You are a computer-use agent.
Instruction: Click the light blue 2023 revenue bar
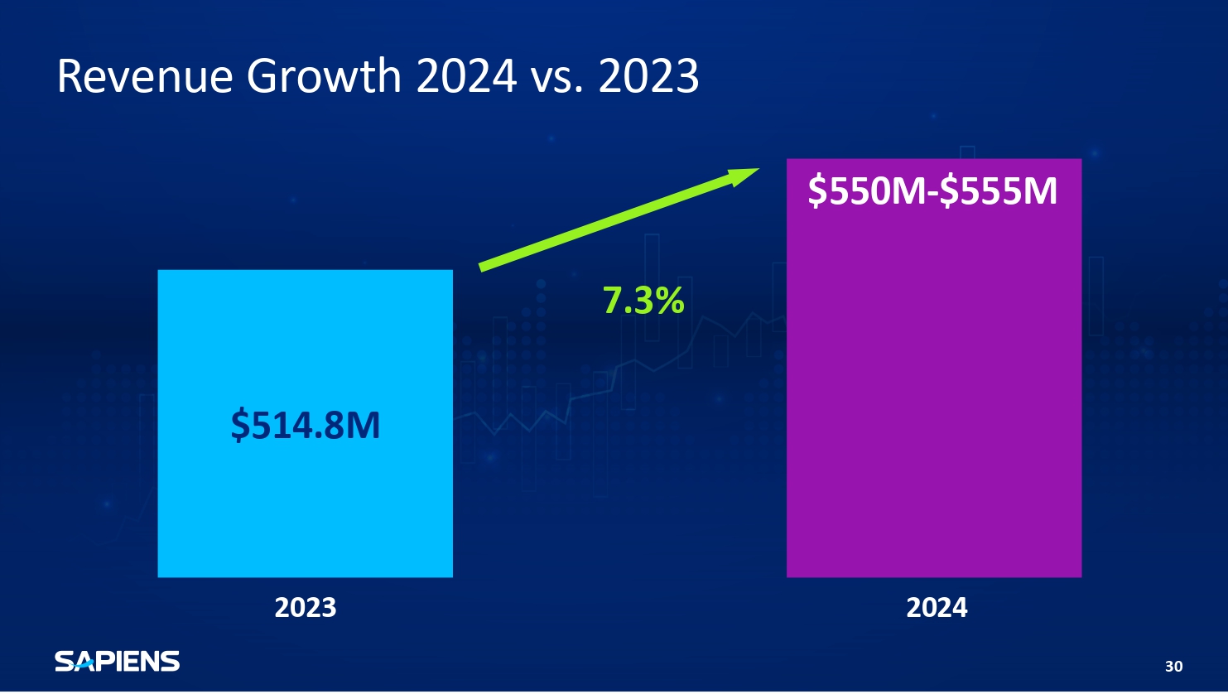[x=306, y=423]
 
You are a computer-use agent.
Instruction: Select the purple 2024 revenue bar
[x=934, y=368]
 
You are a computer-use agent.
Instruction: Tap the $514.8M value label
[x=306, y=425]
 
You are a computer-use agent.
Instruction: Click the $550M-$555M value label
[x=932, y=191]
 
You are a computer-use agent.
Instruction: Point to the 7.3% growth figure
[x=643, y=301]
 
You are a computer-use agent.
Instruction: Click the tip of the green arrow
[x=759, y=168]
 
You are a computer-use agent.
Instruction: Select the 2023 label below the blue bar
[x=306, y=607]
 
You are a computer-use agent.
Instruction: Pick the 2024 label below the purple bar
[x=937, y=607]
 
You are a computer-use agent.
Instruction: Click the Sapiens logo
[x=118, y=661]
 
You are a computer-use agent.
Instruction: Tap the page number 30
[x=1173, y=666]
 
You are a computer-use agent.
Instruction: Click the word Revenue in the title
[x=145, y=75]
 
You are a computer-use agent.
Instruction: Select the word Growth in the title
[x=325, y=75]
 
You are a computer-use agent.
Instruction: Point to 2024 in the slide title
[x=466, y=75]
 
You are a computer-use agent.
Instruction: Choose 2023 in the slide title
[x=648, y=75]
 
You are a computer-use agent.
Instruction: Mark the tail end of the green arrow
[x=480, y=268]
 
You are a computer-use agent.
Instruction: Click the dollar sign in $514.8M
[x=239, y=425]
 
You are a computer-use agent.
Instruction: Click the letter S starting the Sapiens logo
[x=64, y=661]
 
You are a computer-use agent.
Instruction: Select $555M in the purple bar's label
[x=999, y=191]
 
